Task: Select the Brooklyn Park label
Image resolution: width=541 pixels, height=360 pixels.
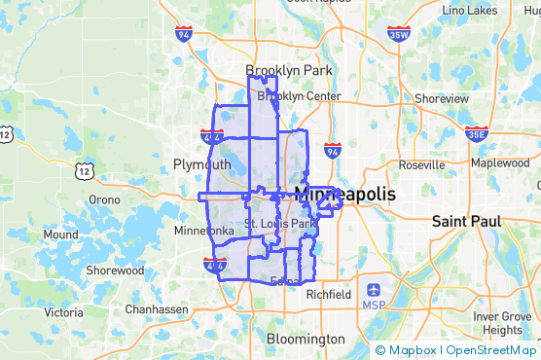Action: (x=289, y=71)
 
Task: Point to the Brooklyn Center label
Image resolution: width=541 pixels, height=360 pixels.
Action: (x=299, y=96)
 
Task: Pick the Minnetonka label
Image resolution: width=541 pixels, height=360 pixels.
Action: (x=203, y=232)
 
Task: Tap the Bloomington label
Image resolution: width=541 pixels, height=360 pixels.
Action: (x=306, y=339)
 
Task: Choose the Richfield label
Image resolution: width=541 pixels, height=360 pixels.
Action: (x=328, y=293)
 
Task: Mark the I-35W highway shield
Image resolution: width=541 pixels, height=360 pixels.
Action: (x=398, y=35)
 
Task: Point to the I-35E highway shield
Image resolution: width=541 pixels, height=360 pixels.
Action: (x=477, y=134)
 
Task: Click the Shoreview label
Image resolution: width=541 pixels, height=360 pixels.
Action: (x=441, y=98)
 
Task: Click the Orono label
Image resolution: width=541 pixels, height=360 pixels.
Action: (x=104, y=199)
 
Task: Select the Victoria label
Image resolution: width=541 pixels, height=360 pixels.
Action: (x=63, y=312)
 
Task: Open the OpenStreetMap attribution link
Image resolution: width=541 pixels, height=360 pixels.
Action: (x=492, y=350)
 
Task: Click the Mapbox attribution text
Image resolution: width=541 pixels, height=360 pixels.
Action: (x=406, y=350)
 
